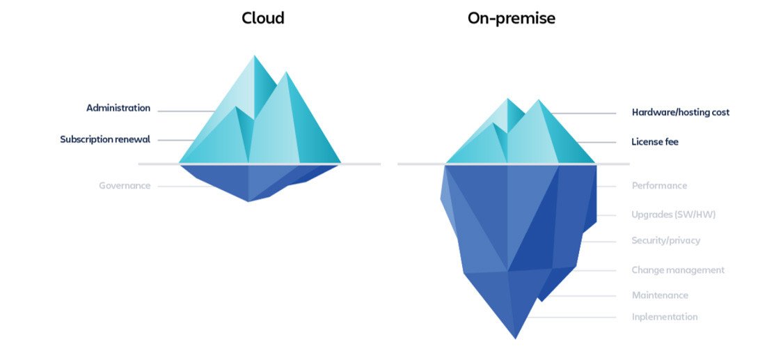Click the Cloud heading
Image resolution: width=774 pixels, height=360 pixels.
point(262,18)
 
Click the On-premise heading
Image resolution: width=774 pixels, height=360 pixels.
point(511,18)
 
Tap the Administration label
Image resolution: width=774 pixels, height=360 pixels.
point(118,108)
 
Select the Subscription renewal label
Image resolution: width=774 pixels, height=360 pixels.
point(104,139)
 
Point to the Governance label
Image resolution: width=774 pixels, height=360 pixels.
point(124,186)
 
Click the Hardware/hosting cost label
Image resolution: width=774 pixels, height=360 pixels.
point(680,112)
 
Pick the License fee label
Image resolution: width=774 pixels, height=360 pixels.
point(654,142)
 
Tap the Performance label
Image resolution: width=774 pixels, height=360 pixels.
point(658,186)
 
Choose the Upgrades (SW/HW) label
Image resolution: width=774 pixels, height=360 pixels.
point(673,214)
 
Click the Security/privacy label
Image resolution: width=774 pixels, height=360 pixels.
point(665,241)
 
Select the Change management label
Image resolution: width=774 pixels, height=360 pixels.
point(677,270)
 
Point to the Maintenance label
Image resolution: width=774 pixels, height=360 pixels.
point(659,295)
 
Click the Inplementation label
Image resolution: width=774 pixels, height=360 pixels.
point(664,317)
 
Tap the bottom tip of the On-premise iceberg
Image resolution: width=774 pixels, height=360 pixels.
point(515,338)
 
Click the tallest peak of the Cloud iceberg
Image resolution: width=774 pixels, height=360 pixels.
point(255,56)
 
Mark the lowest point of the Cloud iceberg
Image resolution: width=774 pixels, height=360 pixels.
point(248,201)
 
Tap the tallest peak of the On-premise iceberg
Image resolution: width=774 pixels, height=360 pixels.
point(538,101)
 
